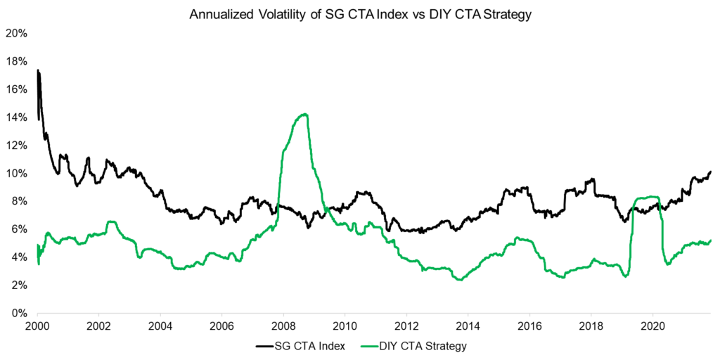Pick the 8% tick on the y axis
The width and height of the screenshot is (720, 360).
18,201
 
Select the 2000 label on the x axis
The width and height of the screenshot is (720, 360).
37,326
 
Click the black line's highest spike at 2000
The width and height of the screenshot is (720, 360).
37,70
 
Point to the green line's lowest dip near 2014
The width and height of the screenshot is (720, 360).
460,279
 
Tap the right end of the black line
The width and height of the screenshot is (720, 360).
711,171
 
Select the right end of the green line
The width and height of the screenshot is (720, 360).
711,240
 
